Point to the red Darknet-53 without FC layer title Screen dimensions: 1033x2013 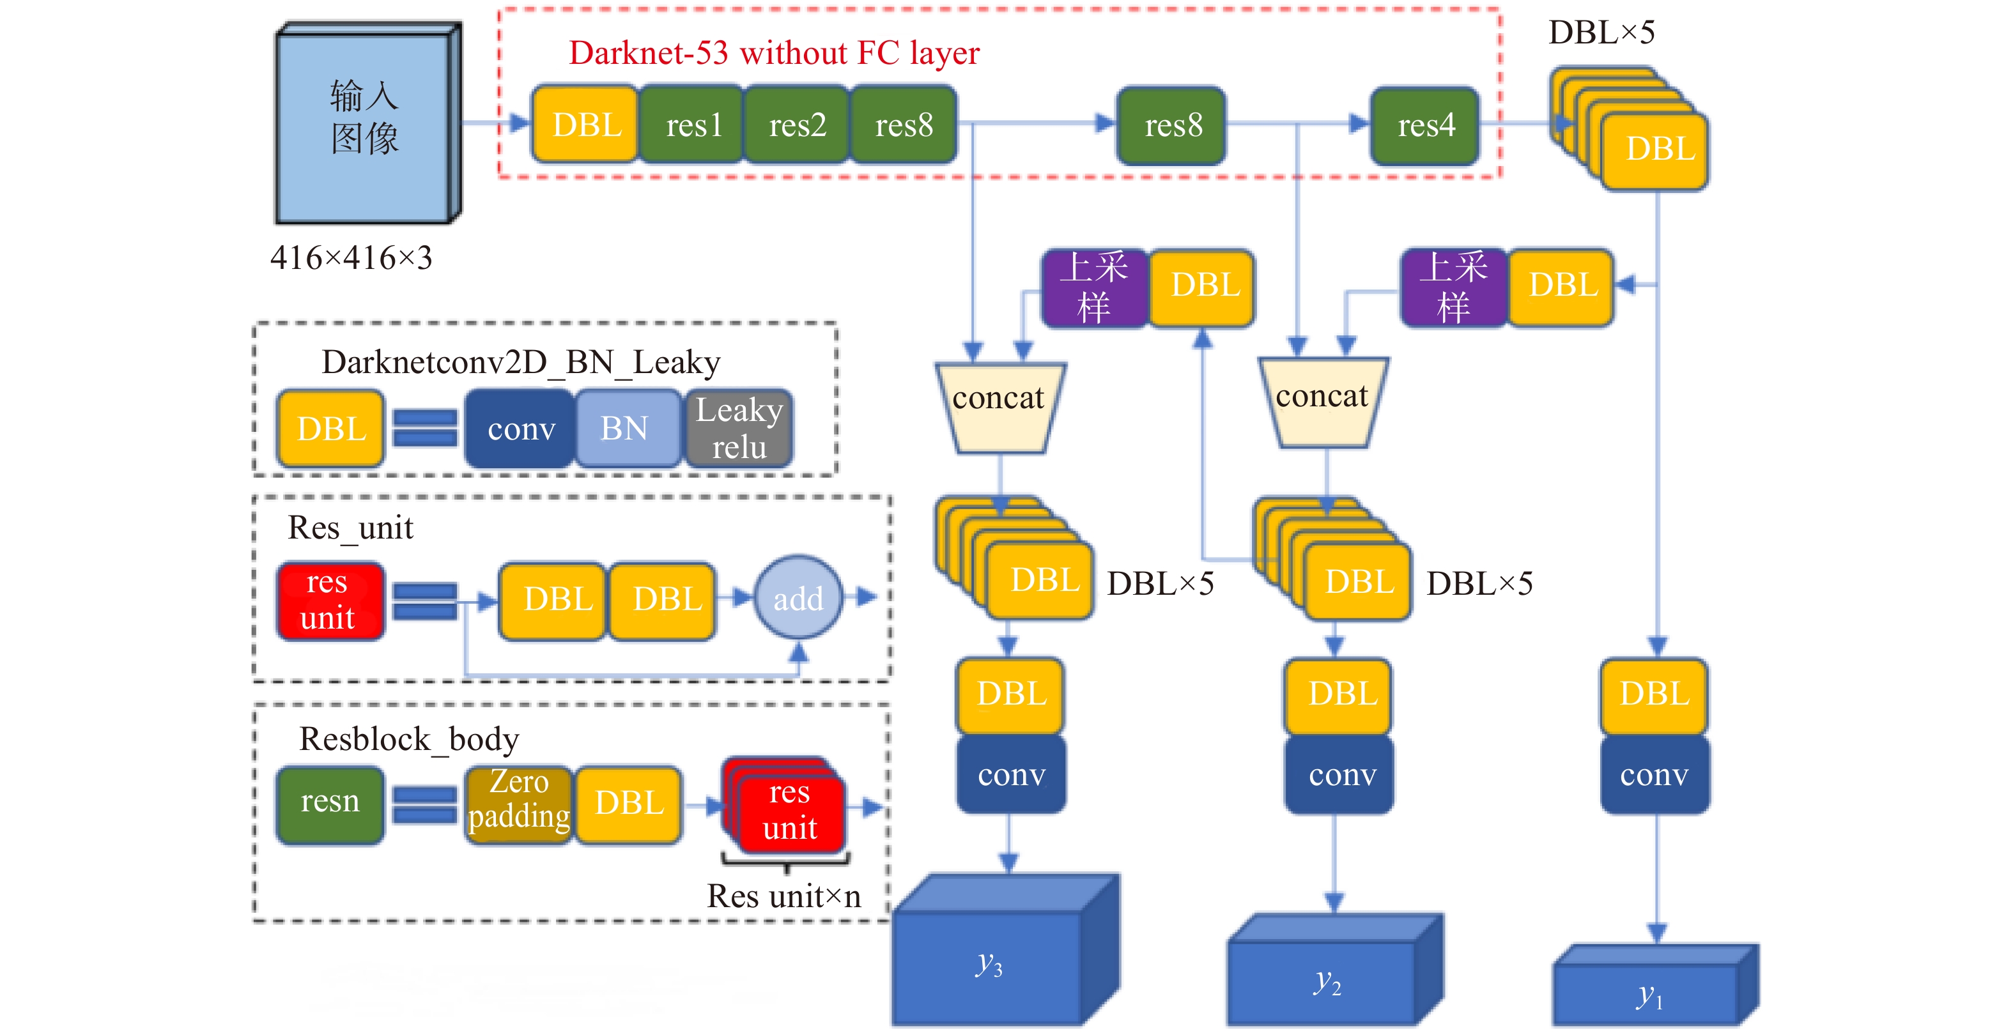774,53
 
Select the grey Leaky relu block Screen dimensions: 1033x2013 739,428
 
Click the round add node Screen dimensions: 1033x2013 798,599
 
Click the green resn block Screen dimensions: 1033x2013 330,802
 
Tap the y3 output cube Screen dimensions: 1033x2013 989,965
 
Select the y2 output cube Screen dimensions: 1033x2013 1327,981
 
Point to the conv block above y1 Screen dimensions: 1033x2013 1654,775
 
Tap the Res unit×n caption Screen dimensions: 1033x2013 783,896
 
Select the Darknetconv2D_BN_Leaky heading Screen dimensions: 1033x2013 520,362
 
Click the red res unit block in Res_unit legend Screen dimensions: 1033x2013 330,600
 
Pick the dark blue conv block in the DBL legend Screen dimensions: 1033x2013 520,428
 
